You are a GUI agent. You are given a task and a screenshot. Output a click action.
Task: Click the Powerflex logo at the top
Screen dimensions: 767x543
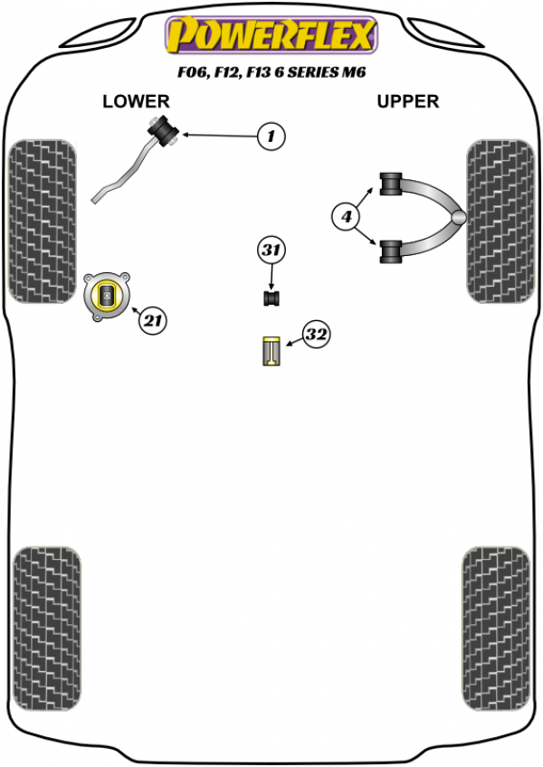click(x=270, y=36)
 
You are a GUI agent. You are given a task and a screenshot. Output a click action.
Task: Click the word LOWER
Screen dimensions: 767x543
click(x=136, y=101)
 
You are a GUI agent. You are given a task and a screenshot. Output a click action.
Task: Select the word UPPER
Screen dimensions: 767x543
click(x=407, y=101)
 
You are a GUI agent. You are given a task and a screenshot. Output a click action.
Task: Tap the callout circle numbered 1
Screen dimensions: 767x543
click(x=270, y=137)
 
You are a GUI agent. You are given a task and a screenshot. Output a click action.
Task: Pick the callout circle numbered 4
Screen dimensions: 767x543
click(x=346, y=216)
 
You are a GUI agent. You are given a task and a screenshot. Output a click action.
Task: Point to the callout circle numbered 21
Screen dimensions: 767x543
click(x=154, y=318)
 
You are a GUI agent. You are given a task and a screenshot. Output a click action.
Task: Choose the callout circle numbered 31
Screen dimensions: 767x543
click(x=271, y=251)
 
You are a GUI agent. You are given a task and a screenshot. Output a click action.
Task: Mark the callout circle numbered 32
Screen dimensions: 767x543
click(x=315, y=336)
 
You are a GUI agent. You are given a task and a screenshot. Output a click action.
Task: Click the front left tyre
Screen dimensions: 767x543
click(x=42, y=221)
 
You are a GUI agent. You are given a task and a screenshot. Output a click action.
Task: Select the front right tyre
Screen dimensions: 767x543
click(x=501, y=221)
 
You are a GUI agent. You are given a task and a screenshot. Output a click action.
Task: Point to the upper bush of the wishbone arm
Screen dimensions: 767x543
click(x=392, y=183)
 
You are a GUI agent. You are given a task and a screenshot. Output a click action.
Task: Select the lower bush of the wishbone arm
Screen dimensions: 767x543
click(x=392, y=251)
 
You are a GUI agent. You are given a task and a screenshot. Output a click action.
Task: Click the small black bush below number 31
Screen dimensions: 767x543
click(x=271, y=297)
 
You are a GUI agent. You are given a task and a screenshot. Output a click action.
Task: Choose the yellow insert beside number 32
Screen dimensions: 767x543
click(x=271, y=351)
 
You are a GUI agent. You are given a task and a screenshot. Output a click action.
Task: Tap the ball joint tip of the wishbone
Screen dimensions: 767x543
click(x=460, y=217)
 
